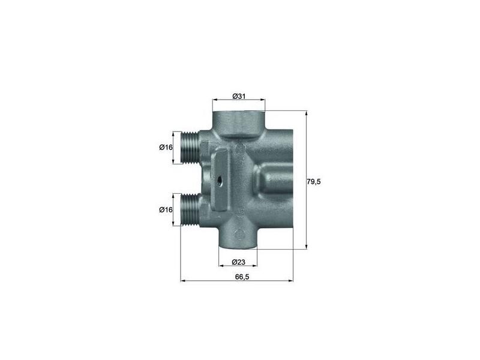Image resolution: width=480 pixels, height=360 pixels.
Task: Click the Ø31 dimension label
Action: pyautogui.click(x=238, y=97)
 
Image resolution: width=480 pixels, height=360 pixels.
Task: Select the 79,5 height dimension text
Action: pyautogui.click(x=314, y=181)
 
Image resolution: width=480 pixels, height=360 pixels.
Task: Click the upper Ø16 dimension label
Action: pyautogui.click(x=166, y=148)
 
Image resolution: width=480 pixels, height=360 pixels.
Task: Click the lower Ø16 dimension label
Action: pyautogui.click(x=166, y=209)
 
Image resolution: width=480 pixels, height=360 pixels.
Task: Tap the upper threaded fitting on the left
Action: pyautogui.click(x=191, y=148)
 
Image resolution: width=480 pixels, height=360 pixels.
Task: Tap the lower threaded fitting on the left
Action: pyautogui.click(x=191, y=209)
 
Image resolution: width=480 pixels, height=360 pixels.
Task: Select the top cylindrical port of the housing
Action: pyautogui.click(x=238, y=120)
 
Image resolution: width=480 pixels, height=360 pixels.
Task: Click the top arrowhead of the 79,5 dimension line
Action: pyautogui.click(x=307, y=112)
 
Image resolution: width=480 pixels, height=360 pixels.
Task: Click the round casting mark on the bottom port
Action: pyautogui.click(x=238, y=233)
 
